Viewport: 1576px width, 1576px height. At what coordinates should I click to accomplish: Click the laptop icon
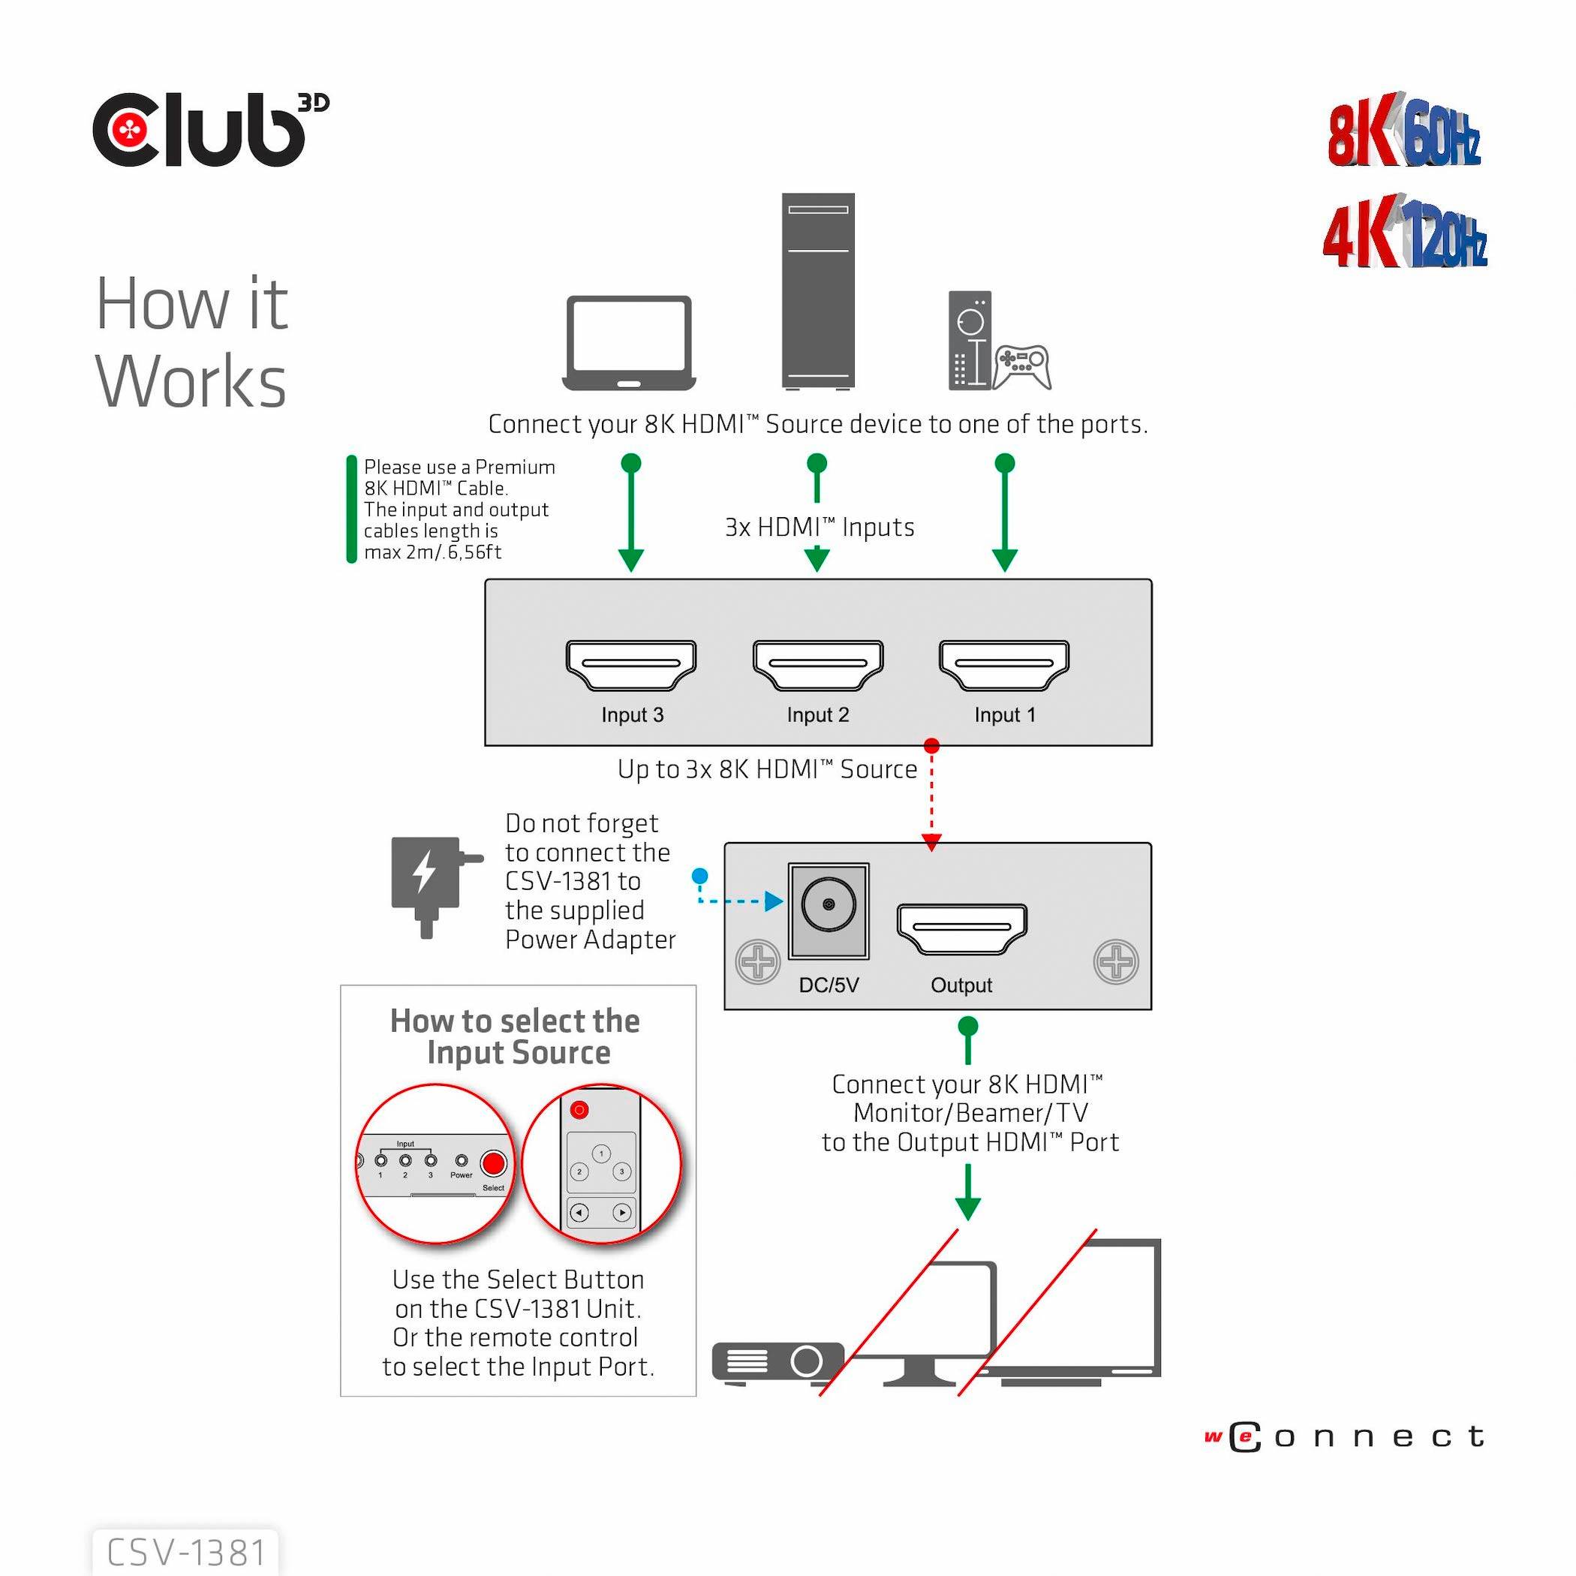point(629,344)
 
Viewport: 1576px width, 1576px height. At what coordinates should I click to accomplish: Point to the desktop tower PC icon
point(817,290)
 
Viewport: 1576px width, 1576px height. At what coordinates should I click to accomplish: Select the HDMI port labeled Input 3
point(630,665)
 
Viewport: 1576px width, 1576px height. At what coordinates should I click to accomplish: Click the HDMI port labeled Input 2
point(817,665)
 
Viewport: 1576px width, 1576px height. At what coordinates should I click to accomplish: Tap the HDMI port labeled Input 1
point(1003,665)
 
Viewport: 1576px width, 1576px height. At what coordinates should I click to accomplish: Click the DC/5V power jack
point(829,906)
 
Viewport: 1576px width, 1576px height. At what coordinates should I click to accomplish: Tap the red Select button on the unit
point(493,1162)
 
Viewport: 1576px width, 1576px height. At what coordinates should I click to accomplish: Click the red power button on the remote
point(579,1109)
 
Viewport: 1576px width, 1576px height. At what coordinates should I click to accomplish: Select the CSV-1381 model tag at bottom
point(186,1552)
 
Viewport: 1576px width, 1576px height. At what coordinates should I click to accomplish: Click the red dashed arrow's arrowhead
point(931,842)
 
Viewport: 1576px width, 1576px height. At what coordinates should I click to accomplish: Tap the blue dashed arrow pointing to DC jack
point(772,901)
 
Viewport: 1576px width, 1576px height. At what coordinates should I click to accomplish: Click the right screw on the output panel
point(1115,962)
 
